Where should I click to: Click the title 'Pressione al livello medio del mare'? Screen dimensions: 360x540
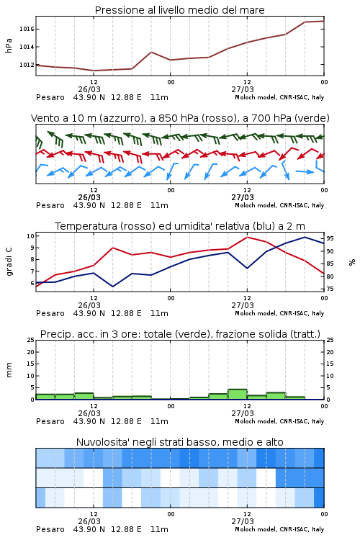179,10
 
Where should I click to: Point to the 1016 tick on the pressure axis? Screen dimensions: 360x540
27,29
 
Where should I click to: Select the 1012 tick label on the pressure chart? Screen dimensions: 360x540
27,65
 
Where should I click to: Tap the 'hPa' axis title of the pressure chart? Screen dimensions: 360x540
9,46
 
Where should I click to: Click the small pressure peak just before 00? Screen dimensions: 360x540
151,52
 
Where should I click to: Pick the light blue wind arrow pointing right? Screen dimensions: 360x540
305,171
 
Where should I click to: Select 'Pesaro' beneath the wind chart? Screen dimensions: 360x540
50,205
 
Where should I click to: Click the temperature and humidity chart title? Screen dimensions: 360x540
180,226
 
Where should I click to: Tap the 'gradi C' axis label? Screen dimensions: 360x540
9,261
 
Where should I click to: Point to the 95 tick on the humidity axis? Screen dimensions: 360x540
330,238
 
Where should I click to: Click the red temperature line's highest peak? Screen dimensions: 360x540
247,237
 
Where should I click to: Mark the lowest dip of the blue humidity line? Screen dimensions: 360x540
113,287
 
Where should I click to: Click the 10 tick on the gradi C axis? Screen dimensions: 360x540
30,236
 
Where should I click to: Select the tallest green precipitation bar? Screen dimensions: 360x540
238,395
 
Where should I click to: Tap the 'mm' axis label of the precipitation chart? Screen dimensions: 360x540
9,370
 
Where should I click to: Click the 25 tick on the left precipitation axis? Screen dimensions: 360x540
31,340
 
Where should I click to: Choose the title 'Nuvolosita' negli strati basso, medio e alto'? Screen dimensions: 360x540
180,442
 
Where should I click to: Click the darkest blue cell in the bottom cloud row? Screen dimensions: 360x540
319,498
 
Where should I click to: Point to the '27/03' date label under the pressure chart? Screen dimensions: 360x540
243,89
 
